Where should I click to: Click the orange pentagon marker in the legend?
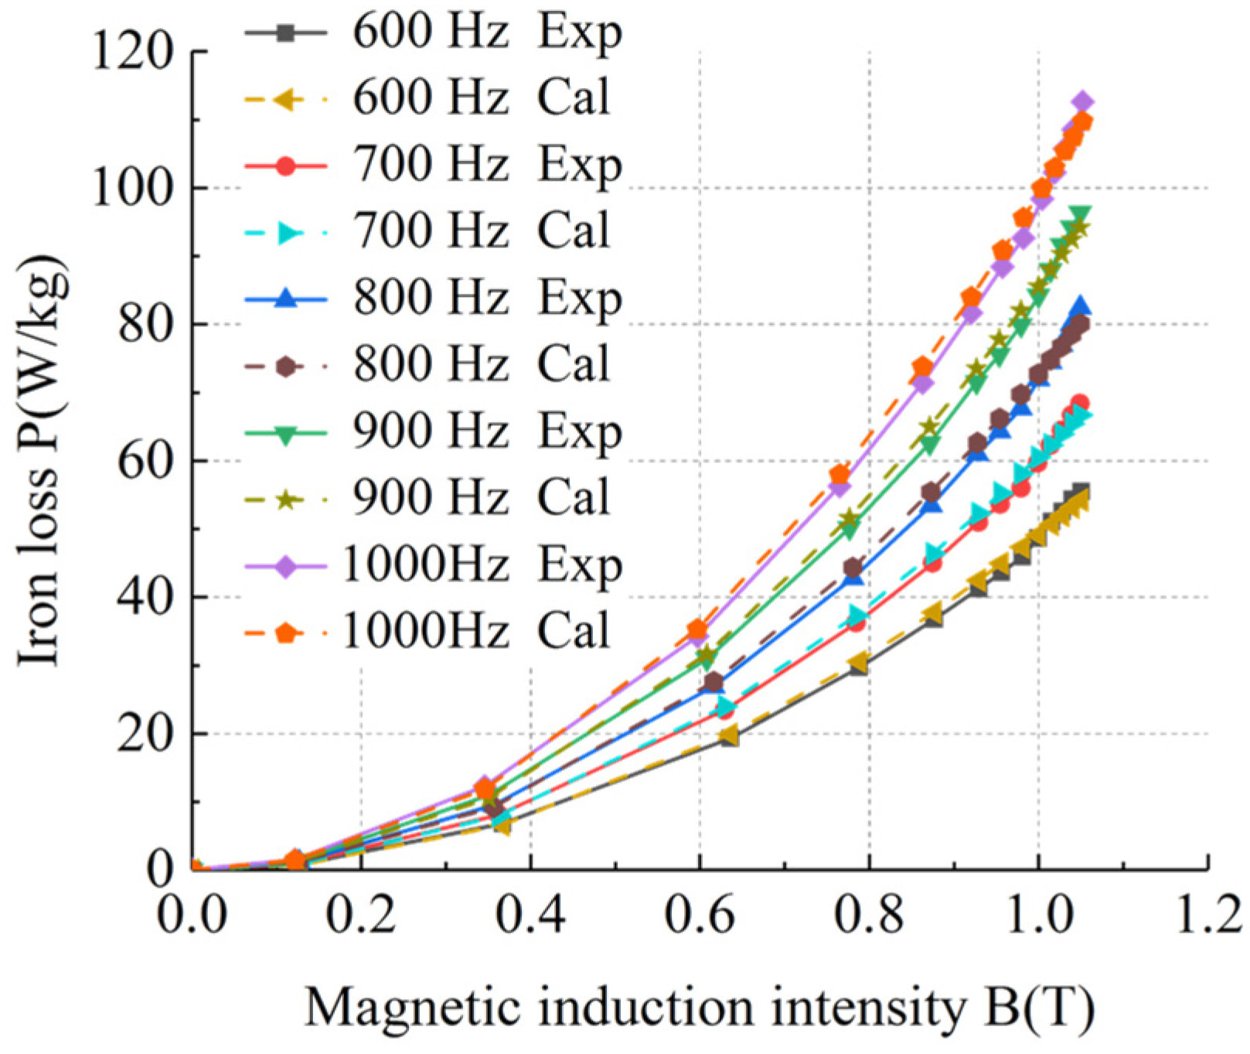[286, 633]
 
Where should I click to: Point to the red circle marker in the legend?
[286, 165]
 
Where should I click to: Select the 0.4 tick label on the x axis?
[530, 915]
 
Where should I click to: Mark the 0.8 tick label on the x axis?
[869, 915]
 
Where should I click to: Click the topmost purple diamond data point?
[1083, 102]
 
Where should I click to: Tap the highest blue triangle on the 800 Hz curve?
[1081, 306]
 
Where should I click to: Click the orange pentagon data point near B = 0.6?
[698, 629]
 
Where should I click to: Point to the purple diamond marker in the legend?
[286, 567]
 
